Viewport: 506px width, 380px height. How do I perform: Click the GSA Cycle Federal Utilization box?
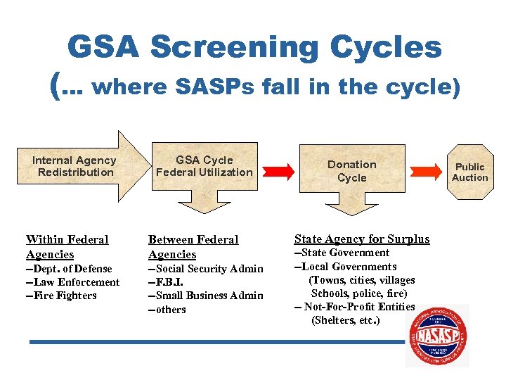(x=204, y=167)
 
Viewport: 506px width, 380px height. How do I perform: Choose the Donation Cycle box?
(x=351, y=171)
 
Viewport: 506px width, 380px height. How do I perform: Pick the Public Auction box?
(x=469, y=172)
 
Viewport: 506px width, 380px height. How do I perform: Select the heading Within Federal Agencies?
(x=67, y=247)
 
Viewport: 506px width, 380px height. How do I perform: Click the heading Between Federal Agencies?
(x=193, y=247)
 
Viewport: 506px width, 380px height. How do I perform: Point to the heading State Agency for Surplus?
(x=361, y=239)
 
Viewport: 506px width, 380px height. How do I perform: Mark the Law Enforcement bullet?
(x=72, y=282)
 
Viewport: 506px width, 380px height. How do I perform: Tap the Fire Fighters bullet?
(x=61, y=296)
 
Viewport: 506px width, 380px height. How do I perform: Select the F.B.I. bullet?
(x=168, y=282)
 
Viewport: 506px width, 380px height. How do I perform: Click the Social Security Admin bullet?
(x=205, y=269)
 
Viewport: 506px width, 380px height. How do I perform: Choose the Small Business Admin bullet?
(x=205, y=296)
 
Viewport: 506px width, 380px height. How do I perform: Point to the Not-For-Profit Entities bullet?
(x=354, y=307)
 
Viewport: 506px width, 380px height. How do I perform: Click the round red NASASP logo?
(x=436, y=335)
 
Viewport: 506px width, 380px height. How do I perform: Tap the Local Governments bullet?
(x=345, y=267)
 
